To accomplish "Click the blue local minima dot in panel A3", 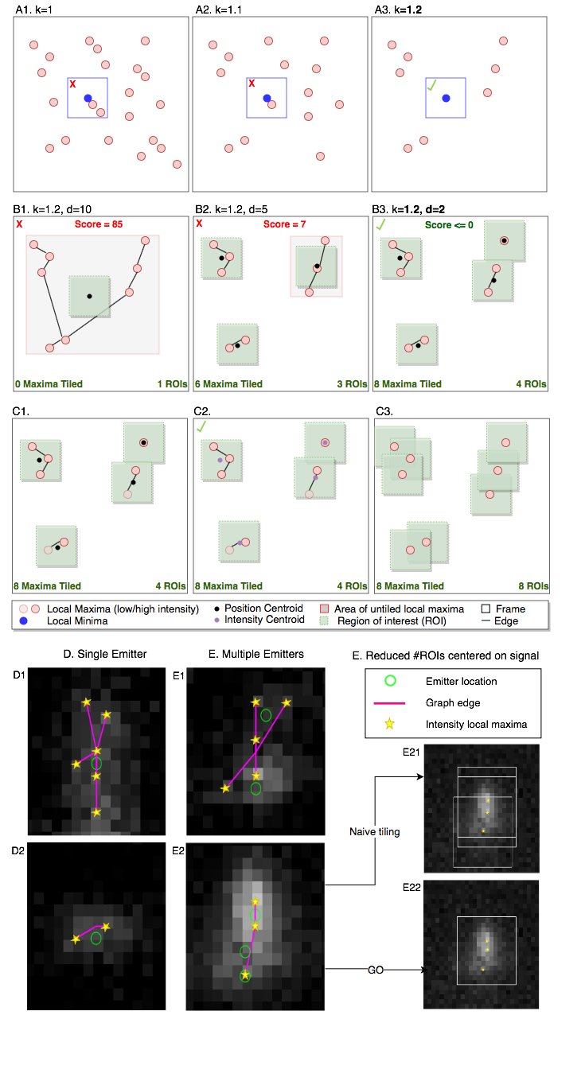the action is pos(446,99).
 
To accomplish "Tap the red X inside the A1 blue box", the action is pos(72,84).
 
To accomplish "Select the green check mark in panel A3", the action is pos(431,86).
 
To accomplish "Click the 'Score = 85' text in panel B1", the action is pos(99,224).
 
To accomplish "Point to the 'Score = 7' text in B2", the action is pos(284,224).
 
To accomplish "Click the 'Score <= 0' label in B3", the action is pos(449,225).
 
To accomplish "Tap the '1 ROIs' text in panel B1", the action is pos(172,383).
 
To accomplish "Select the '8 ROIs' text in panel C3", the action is pos(533,586).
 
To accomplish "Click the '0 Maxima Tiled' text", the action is pos(49,383).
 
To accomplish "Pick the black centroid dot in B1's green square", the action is pos(89,296).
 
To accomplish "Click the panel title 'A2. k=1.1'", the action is pos(219,10).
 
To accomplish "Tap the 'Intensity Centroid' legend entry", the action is pos(264,620).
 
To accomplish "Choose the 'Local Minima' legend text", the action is pos(77,621).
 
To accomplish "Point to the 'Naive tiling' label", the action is pos(375,832).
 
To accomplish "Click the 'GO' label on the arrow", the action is pos(376,970).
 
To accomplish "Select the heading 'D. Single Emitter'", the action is pos(105,654).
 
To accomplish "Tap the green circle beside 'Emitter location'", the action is pos(390,681).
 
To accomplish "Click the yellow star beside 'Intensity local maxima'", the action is pos(390,724).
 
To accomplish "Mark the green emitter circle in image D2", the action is pos(96,938).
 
